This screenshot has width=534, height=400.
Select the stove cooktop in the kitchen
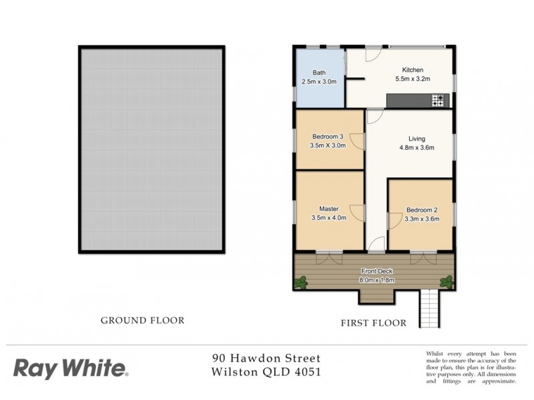(438, 101)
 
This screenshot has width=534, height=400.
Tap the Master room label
(328, 207)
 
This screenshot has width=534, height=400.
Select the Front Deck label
(378, 271)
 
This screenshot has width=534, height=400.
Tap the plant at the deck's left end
(301, 282)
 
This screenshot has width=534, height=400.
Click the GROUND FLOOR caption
(142, 320)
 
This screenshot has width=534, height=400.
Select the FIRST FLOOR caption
(373, 323)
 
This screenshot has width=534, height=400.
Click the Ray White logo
(71, 367)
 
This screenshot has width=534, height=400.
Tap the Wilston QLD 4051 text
(266, 372)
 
